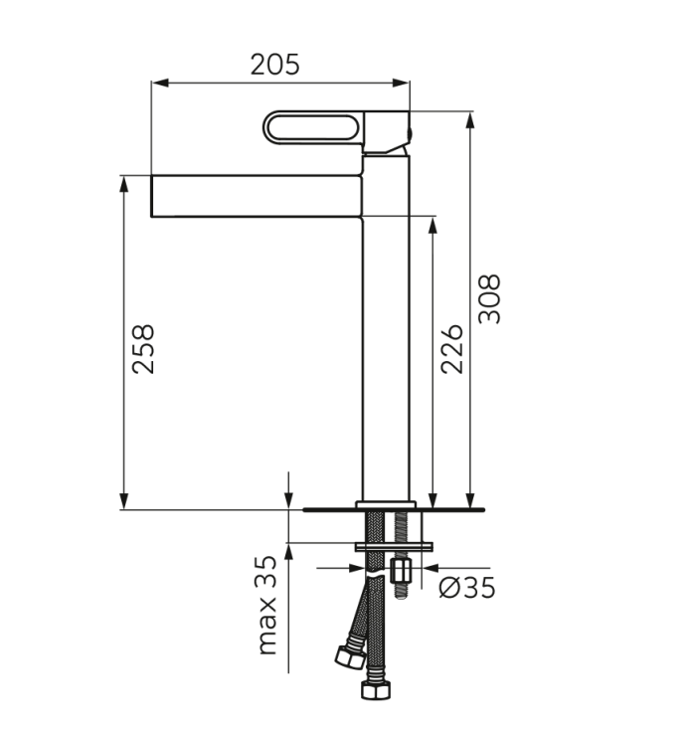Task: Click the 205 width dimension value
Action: tap(274, 65)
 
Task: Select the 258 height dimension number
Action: tap(144, 348)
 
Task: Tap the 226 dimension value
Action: tap(452, 348)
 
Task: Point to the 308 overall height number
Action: tap(490, 298)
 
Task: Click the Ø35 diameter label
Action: tap(466, 588)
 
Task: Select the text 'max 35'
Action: tap(267, 606)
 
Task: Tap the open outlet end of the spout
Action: tap(153, 196)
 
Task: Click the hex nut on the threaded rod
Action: tap(403, 572)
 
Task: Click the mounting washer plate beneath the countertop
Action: tap(395, 545)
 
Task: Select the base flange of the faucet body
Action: tap(385, 503)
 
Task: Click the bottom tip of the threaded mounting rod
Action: tap(403, 598)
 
